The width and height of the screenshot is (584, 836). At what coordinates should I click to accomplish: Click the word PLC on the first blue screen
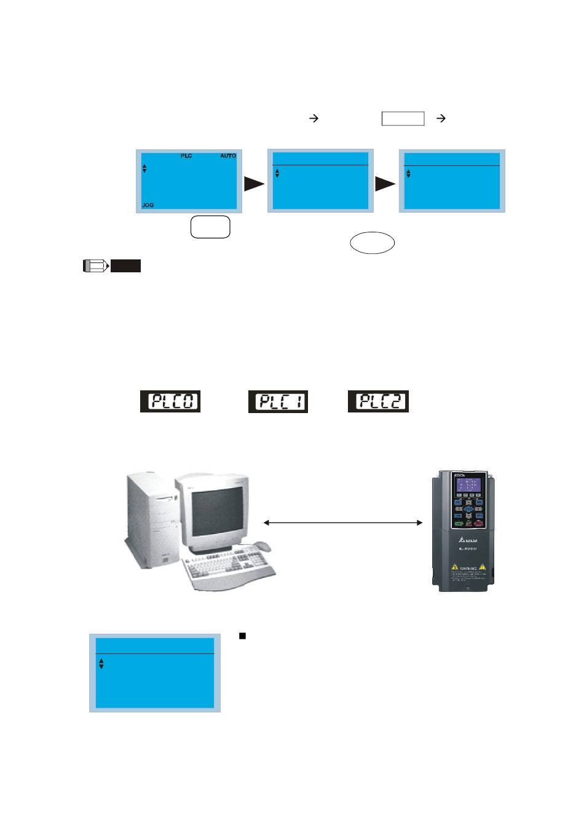(186, 156)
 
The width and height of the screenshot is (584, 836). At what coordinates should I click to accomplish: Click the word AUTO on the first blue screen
(228, 156)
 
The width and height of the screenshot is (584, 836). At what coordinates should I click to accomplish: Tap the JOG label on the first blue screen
(148, 205)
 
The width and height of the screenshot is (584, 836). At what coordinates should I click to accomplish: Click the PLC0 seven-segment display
(170, 401)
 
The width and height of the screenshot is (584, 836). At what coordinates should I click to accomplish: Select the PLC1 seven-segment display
(278, 402)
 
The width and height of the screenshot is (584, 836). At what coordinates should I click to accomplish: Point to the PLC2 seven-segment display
(378, 401)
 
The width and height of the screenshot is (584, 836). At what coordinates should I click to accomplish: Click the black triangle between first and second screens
(253, 184)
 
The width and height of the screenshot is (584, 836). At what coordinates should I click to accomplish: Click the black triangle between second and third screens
(385, 184)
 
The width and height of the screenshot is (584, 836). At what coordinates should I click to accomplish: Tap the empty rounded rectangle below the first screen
(210, 227)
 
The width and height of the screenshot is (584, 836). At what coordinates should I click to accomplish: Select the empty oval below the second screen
(372, 243)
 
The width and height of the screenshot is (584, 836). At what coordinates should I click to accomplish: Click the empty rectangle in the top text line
(403, 119)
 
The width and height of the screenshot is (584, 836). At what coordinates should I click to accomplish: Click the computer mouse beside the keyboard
(262, 545)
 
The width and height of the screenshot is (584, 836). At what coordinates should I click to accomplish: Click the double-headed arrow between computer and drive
(343, 522)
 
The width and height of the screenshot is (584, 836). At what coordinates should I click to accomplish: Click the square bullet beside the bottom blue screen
(242, 636)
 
